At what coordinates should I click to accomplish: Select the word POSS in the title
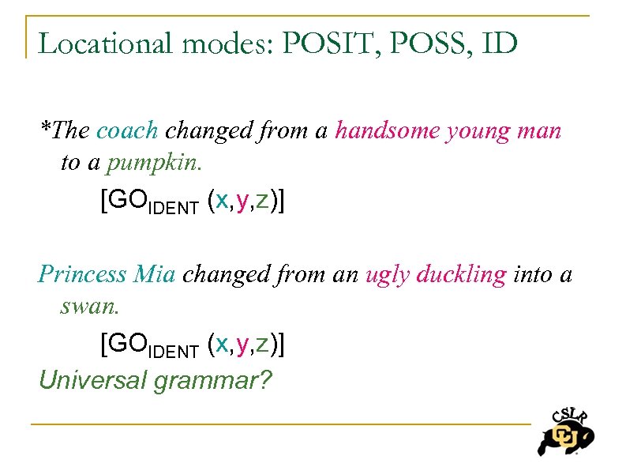tap(417, 43)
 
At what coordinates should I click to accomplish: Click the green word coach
tap(127, 130)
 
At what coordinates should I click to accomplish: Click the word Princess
tap(82, 274)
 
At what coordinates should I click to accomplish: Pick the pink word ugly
tap(388, 274)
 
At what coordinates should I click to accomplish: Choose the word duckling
tap(461, 274)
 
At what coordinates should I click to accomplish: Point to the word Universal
tap(93, 380)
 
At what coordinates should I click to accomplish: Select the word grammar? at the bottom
tap(213, 382)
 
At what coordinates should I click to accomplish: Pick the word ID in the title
tap(498, 43)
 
